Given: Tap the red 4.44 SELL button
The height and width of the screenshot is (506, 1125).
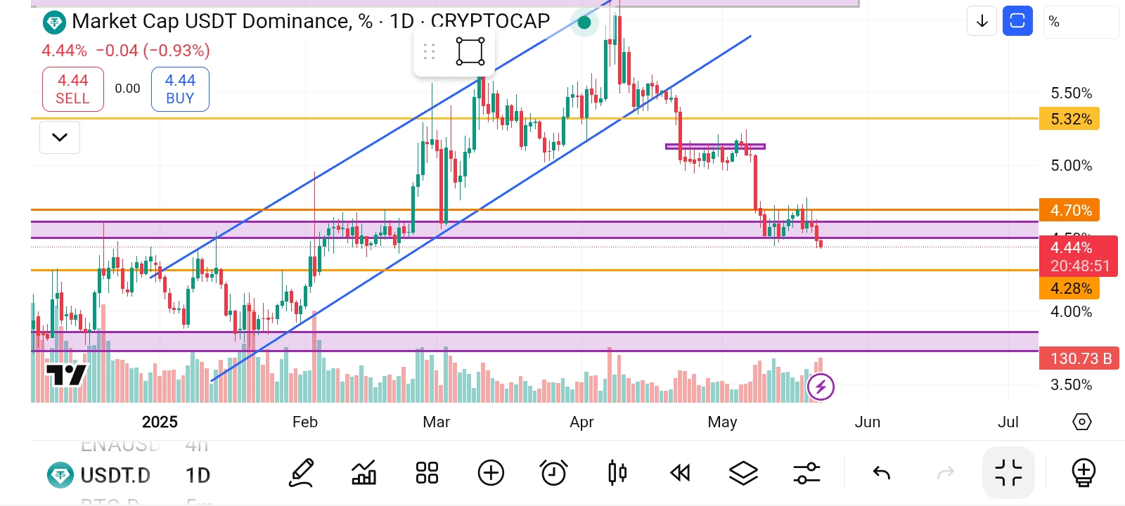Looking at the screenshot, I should pyautogui.click(x=73, y=89).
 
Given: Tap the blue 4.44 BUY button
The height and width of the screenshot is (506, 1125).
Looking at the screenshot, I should pyautogui.click(x=180, y=89).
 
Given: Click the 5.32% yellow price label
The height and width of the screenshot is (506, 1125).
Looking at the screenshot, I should pyautogui.click(x=1069, y=119).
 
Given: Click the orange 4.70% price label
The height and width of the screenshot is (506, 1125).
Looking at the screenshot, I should pyautogui.click(x=1069, y=210).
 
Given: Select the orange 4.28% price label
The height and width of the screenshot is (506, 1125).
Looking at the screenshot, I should pyautogui.click(x=1069, y=288).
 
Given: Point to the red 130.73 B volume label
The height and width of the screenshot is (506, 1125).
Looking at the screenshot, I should pyautogui.click(x=1079, y=358).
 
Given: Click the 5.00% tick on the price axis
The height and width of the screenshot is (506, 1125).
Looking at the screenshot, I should pyautogui.click(x=1071, y=166).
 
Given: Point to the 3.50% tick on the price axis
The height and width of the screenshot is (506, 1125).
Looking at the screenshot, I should pyautogui.click(x=1071, y=384).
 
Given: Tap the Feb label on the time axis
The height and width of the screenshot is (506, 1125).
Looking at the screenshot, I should pyautogui.click(x=305, y=422).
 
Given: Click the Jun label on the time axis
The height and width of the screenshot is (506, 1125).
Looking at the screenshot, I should pyautogui.click(x=867, y=422).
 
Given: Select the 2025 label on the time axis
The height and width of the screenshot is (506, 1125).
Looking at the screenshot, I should pyautogui.click(x=160, y=422).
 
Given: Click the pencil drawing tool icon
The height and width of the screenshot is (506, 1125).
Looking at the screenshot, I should pyautogui.click(x=302, y=473).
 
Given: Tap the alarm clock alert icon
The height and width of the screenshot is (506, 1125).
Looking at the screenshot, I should pyautogui.click(x=553, y=473).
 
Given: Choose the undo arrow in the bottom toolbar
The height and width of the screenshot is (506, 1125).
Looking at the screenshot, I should pyautogui.click(x=882, y=473).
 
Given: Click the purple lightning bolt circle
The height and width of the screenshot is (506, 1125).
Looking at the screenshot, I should pyautogui.click(x=821, y=387).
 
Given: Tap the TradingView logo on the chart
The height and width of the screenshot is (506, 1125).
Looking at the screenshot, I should pyautogui.click(x=66, y=375).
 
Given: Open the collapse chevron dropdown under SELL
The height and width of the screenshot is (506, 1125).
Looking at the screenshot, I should pyautogui.click(x=60, y=137).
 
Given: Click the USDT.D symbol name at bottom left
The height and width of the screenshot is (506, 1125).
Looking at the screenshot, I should pyautogui.click(x=115, y=476).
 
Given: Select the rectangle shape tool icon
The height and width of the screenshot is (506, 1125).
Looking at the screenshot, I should pyautogui.click(x=470, y=51).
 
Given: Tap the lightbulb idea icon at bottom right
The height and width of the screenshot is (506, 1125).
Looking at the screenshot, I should pyautogui.click(x=1084, y=473).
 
